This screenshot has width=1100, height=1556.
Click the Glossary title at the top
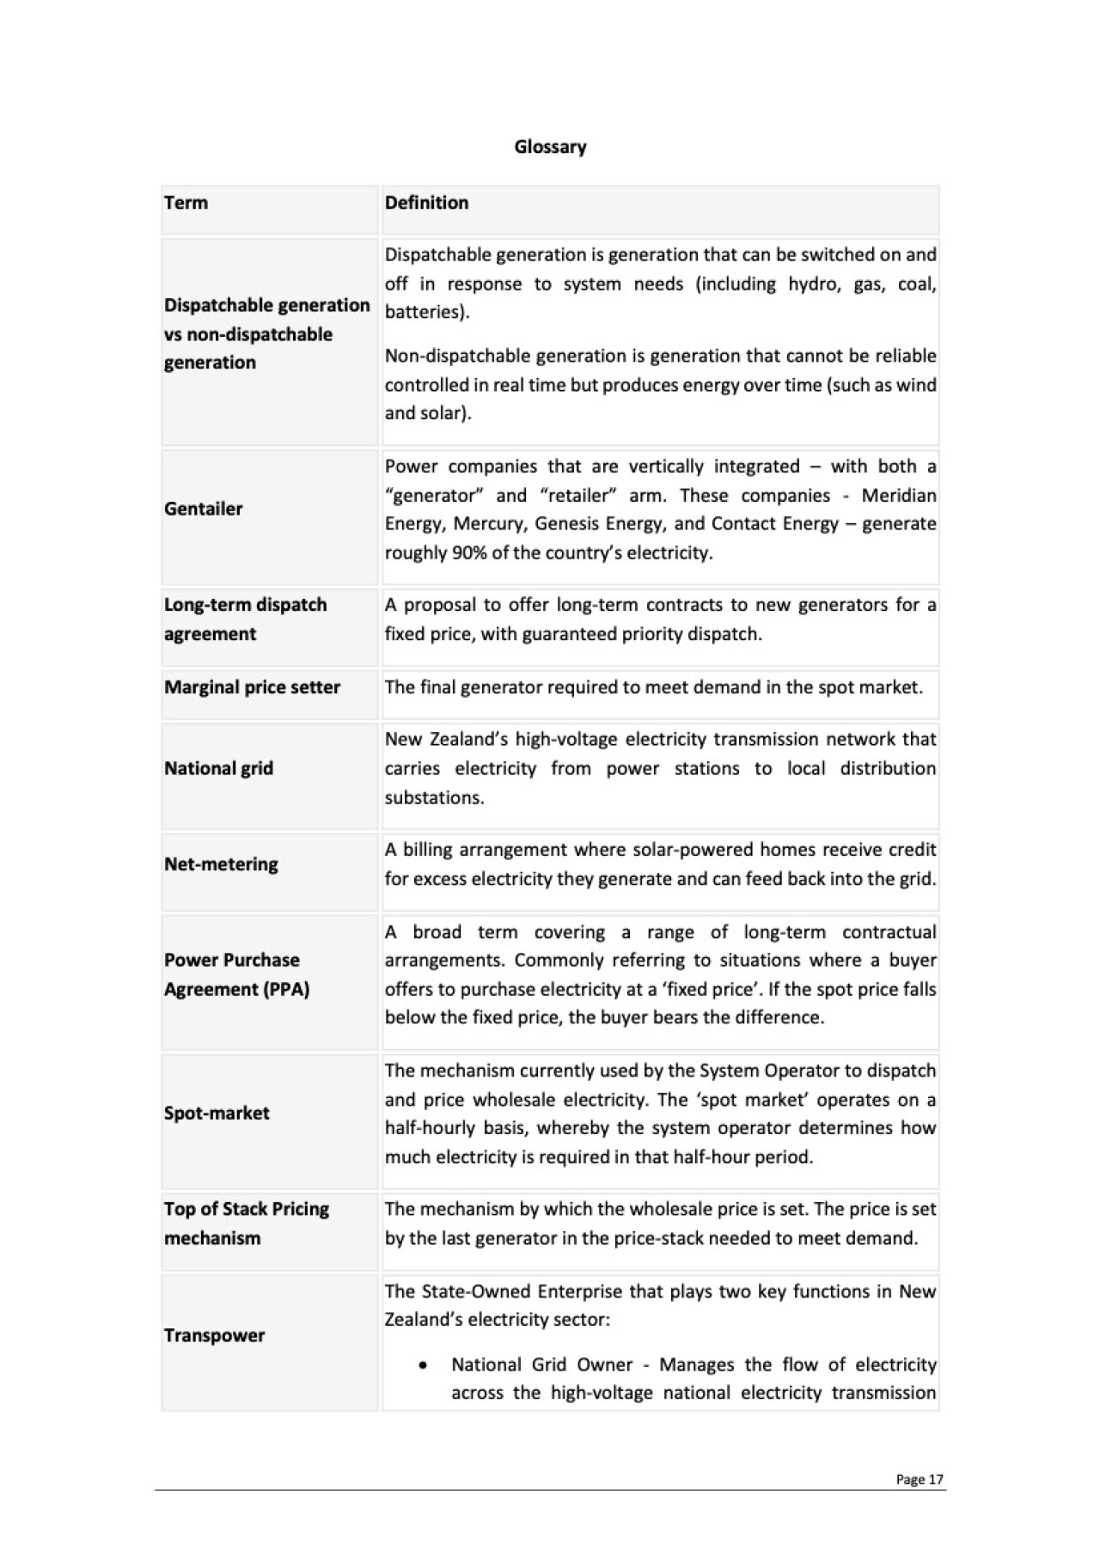click(550, 147)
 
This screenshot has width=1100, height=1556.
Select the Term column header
click(186, 203)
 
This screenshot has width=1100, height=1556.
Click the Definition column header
click(426, 203)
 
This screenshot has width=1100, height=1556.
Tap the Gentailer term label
click(204, 509)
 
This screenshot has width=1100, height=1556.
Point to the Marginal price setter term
click(252, 687)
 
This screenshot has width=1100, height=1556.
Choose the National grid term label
click(218, 768)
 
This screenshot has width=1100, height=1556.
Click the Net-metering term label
click(221, 864)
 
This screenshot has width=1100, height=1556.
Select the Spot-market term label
click(217, 1114)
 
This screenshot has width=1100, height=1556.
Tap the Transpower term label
click(214, 1335)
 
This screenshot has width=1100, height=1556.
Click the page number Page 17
click(920, 1480)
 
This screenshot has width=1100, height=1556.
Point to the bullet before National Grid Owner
click(423, 1365)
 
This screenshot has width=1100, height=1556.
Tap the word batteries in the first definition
click(424, 312)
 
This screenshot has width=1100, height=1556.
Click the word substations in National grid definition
click(433, 797)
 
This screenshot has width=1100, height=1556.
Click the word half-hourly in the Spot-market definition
click(430, 1128)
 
